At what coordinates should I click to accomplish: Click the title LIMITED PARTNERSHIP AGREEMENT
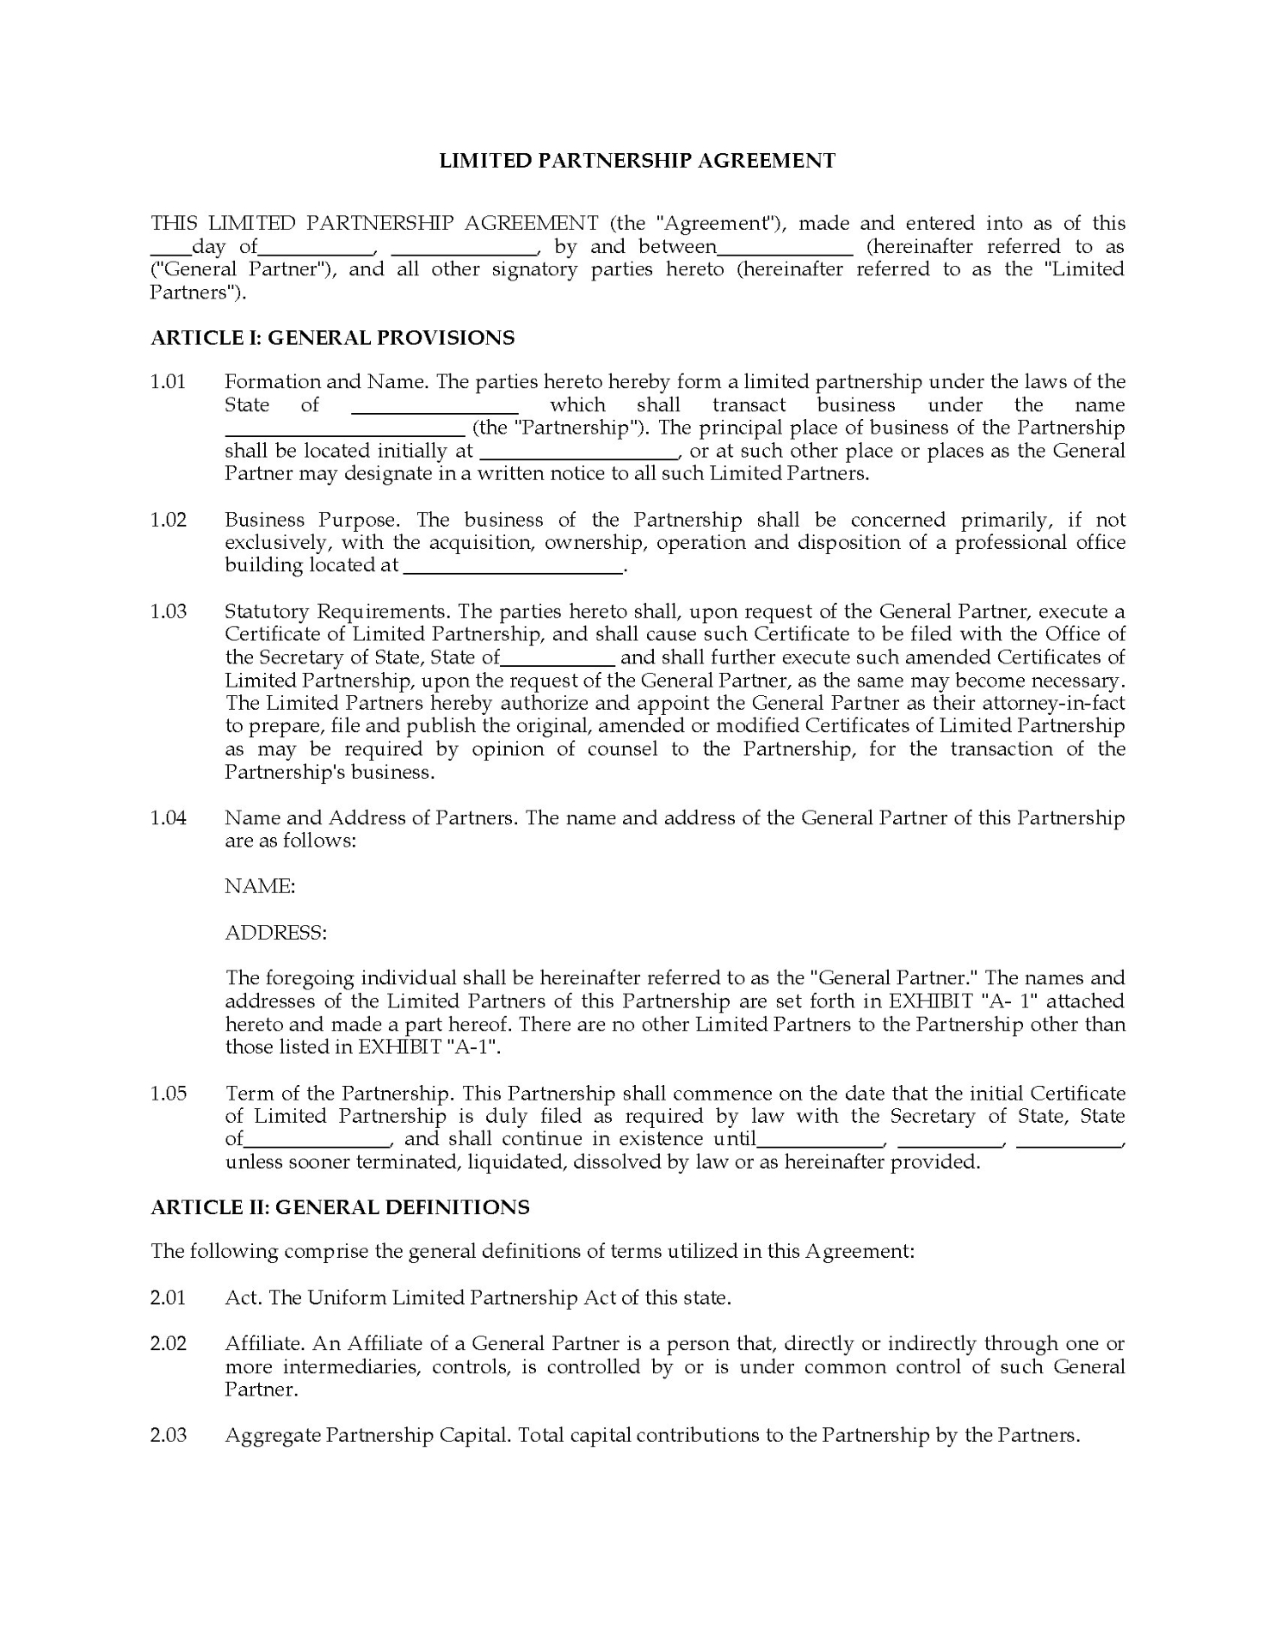click(637, 161)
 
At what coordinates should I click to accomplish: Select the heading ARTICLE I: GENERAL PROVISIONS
click(332, 338)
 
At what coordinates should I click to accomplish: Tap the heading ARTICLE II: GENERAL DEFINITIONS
click(340, 1207)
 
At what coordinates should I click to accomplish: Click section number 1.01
click(169, 382)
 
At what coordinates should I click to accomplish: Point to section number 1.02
click(169, 520)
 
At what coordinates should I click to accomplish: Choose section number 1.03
click(169, 612)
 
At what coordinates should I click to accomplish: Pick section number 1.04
click(169, 817)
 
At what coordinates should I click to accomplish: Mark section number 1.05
click(169, 1094)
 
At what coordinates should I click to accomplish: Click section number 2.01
click(169, 1298)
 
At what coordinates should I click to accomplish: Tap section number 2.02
click(169, 1344)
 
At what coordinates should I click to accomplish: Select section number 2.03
click(169, 1435)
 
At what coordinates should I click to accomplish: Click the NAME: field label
click(260, 886)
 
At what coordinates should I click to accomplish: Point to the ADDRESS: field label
click(275, 932)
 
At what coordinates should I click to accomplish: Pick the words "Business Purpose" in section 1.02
click(311, 520)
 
